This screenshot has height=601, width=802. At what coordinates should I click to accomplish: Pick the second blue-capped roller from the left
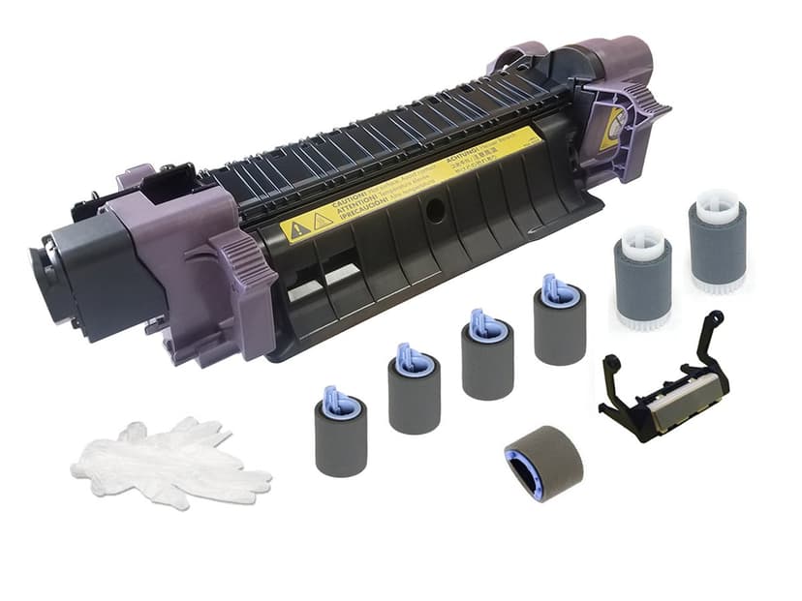[x=414, y=390]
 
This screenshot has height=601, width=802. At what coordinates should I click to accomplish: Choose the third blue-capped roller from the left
[x=486, y=358]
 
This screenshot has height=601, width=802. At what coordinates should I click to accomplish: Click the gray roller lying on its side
[x=542, y=463]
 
